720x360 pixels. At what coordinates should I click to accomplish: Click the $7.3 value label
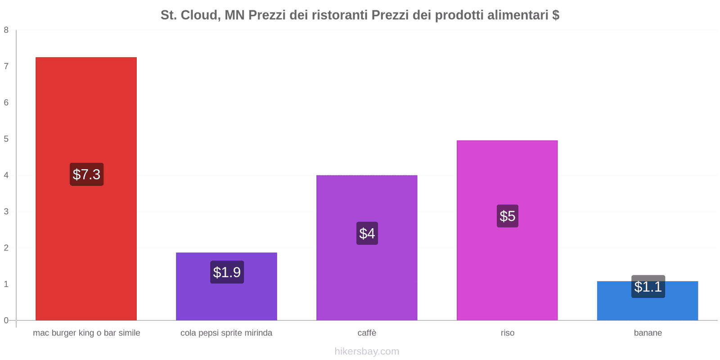click(86, 174)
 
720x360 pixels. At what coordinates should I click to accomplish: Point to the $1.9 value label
click(227, 272)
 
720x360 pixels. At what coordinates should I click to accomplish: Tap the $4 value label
click(367, 233)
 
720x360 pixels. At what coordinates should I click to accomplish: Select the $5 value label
click(507, 216)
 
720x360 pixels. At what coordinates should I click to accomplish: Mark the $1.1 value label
click(648, 286)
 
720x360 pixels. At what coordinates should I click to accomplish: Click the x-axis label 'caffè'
click(367, 333)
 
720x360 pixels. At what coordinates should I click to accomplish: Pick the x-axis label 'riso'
click(507, 333)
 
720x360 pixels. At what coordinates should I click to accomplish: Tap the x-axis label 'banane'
click(648, 333)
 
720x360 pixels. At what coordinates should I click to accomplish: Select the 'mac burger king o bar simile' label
click(86, 333)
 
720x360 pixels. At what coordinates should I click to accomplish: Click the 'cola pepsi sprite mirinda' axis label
click(226, 333)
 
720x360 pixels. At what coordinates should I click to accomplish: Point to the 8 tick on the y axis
click(6, 30)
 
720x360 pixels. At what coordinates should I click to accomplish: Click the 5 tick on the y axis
click(6, 139)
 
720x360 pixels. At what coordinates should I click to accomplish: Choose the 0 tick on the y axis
click(6, 320)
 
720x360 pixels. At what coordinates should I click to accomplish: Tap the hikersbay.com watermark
click(367, 351)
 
